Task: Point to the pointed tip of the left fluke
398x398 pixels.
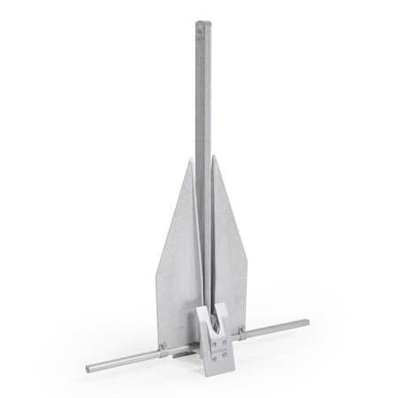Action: (x=194, y=158)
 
